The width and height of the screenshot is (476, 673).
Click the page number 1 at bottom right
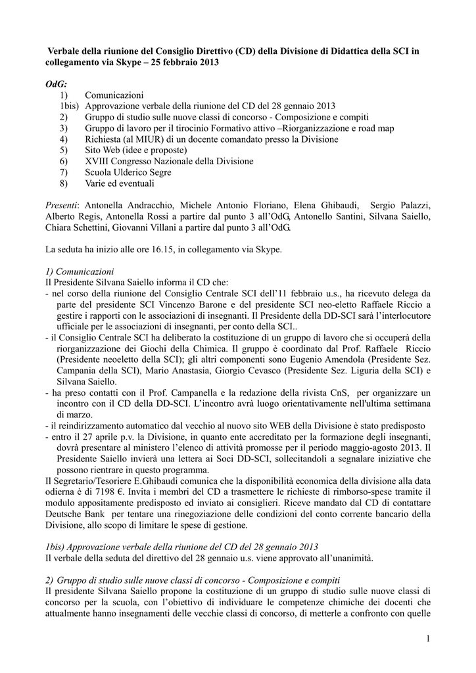(x=427, y=639)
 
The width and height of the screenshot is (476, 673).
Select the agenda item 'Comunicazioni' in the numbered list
(x=114, y=95)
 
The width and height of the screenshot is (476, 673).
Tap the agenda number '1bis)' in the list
(x=70, y=106)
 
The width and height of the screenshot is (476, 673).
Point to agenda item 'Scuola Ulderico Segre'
(x=128, y=172)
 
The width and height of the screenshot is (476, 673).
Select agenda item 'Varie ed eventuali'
(x=119, y=183)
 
